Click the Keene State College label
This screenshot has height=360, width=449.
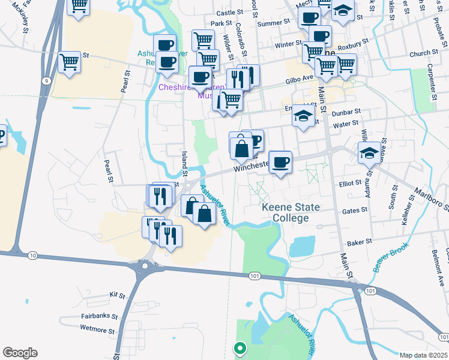[x=291, y=212]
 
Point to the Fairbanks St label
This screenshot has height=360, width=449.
[x=98, y=316]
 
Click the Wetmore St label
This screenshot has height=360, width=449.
[x=97, y=329]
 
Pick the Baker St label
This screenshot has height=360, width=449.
[x=360, y=243]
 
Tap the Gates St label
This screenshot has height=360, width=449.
[x=354, y=210]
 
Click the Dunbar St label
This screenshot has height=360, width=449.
[x=348, y=112]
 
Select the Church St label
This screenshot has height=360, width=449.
[x=420, y=54]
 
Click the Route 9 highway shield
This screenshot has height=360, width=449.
[x=46, y=80]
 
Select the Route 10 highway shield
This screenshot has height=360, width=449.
[x=32, y=256]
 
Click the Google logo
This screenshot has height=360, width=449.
[x=20, y=353]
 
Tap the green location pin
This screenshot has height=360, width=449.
[x=240, y=347]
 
